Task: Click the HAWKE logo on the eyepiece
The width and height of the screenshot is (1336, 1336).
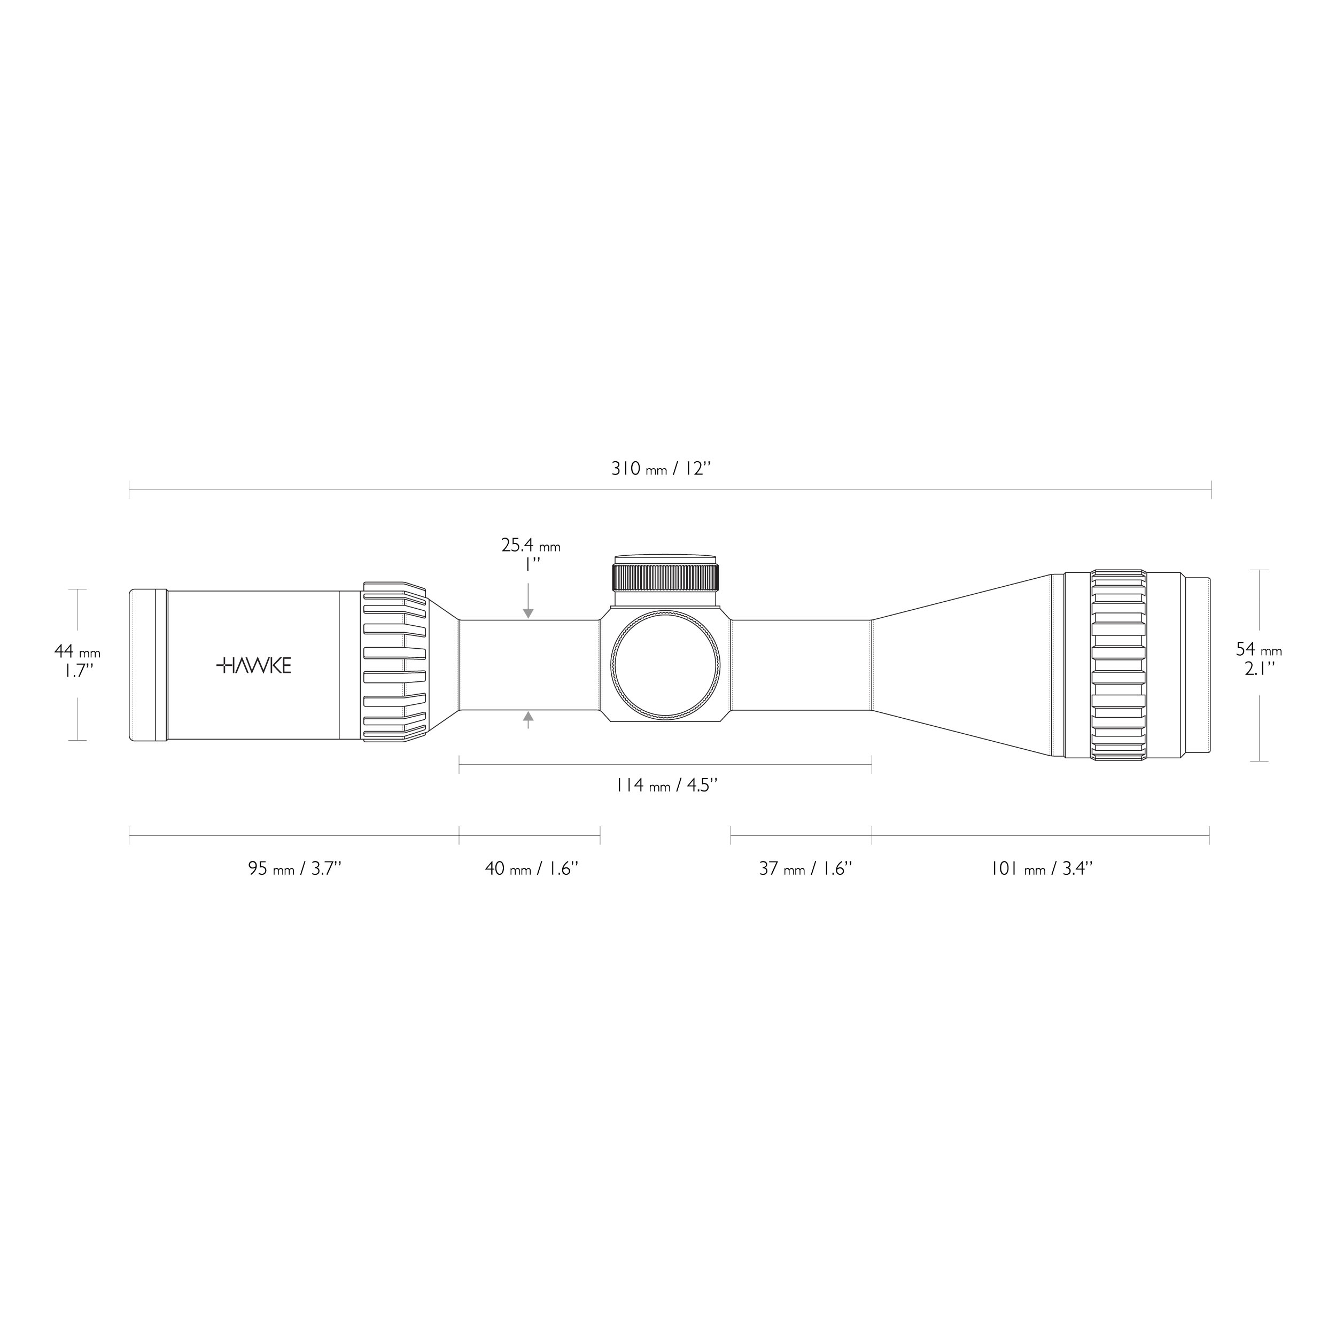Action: point(254,666)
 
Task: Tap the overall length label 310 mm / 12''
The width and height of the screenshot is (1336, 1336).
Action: point(661,469)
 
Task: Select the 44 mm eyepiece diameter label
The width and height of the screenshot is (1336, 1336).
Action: point(77,652)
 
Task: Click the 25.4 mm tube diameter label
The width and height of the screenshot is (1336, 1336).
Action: point(530,546)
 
